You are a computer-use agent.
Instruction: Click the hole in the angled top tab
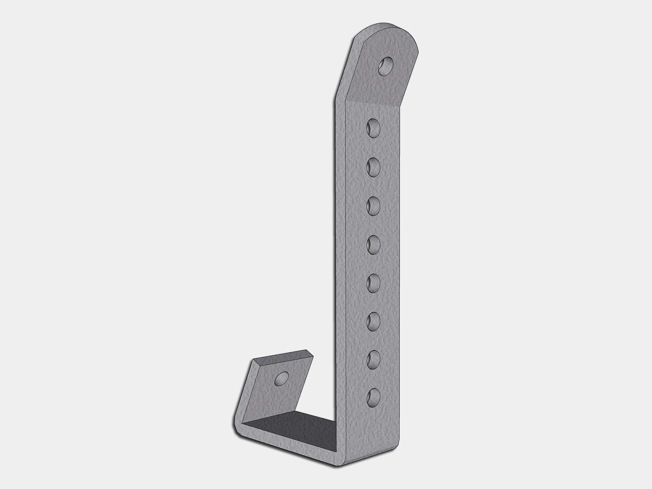(x=386, y=67)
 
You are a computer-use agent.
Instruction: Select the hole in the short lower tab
(x=281, y=378)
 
